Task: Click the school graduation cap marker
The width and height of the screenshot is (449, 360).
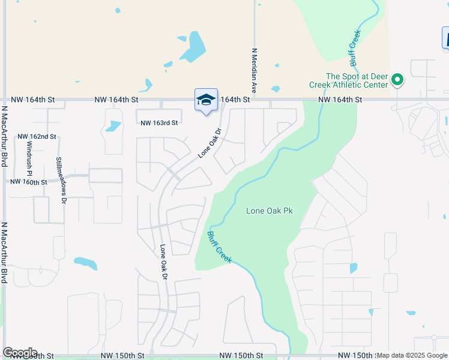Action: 206,100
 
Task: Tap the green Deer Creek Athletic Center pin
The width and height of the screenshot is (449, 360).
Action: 397,79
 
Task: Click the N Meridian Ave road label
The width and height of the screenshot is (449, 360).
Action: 255,70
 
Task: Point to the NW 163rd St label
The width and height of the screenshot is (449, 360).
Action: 159,123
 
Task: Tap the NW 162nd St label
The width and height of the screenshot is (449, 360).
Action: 37,137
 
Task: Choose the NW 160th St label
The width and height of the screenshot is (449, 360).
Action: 28,182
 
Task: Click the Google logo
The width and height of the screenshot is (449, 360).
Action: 20,352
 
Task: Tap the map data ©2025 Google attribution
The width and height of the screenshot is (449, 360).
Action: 412,355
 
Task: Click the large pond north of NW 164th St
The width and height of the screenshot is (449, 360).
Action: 193,48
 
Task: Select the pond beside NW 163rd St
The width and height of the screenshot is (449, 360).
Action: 112,126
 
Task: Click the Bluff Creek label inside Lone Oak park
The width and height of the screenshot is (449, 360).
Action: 220,247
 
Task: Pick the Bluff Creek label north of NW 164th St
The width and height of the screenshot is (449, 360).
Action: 355,48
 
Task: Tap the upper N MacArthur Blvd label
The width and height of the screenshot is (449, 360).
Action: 4,140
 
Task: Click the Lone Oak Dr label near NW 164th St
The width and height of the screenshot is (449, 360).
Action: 210,143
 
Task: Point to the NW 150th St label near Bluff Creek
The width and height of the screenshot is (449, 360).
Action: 241,356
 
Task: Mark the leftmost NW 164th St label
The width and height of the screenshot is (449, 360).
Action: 33,100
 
